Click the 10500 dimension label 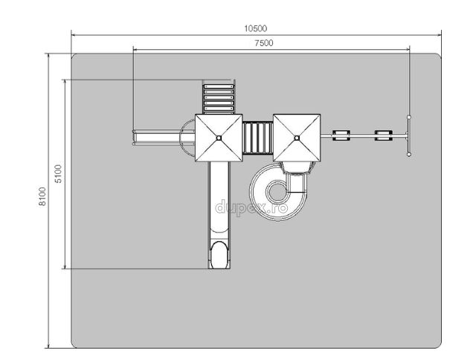click(256, 28)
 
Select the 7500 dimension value click(263, 43)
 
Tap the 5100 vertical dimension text click(58, 173)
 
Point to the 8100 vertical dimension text click(42, 196)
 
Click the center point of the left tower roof click(219, 138)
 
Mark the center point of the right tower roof click(297, 138)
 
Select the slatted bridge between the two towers click(258, 138)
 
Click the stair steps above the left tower click(219, 97)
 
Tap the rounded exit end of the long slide click(219, 255)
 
